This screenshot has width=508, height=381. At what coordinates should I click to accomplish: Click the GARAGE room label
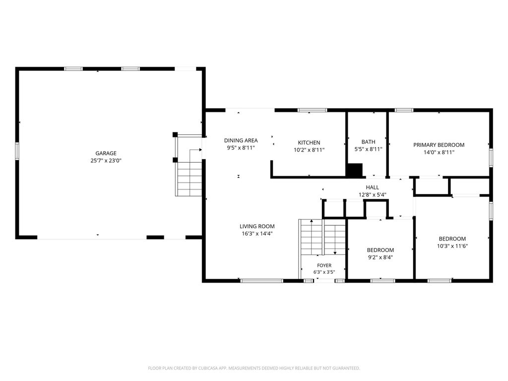[106, 153]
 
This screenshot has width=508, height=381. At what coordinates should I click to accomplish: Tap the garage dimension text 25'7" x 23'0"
[106, 160]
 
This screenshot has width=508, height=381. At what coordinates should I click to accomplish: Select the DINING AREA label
[241, 140]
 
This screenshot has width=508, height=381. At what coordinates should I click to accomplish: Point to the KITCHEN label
[309, 142]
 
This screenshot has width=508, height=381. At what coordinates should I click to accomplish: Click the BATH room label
[369, 142]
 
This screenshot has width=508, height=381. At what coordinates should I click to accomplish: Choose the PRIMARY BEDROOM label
[439, 145]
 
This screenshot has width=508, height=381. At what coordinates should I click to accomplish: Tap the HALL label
[372, 187]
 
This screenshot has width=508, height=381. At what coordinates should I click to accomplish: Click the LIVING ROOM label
[257, 226]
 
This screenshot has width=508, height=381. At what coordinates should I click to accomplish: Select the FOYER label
[324, 265]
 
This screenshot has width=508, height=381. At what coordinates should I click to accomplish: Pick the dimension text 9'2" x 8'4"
[381, 257]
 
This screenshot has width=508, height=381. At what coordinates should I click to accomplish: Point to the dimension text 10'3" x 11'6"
[452, 246]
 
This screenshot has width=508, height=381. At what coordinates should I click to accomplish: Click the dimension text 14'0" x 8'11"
[439, 152]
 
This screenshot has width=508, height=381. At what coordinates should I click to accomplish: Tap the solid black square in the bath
[354, 171]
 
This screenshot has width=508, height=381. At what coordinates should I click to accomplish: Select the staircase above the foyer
[322, 237]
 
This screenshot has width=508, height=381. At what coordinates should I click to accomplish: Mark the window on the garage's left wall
[17, 151]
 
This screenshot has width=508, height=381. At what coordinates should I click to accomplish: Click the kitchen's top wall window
[313, 110]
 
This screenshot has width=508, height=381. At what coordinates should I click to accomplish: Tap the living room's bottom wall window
[262, 281]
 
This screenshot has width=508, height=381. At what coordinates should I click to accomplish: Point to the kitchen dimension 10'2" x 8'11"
[309, 150]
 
